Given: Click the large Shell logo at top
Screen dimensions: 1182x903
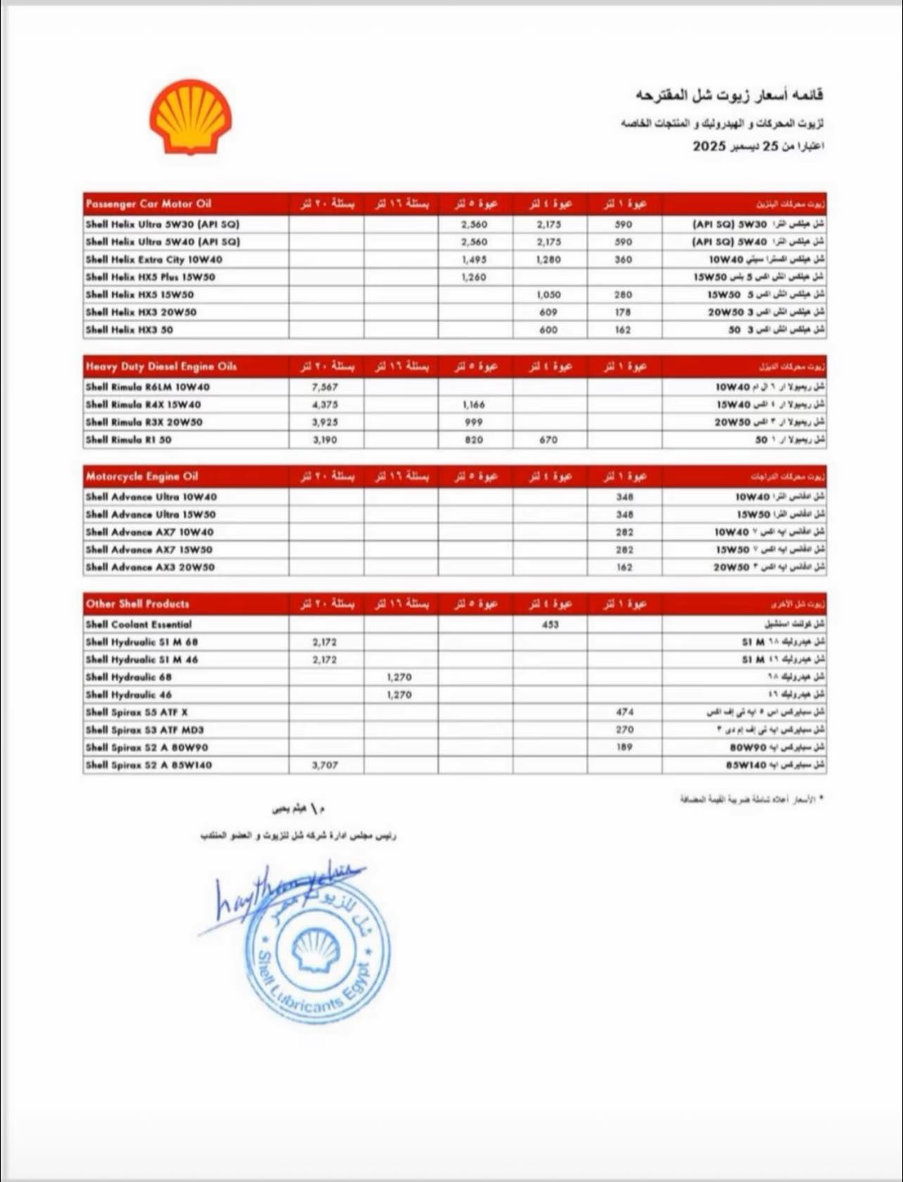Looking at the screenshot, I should tap(190, 117).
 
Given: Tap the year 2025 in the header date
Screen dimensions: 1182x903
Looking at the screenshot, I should tap(708, 146).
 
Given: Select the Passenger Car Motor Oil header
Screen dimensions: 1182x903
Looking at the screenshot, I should tap(148, 204).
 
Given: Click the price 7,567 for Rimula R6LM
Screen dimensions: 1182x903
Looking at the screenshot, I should tap(324, 387).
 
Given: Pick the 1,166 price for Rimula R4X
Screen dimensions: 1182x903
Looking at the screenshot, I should tap(474, 405).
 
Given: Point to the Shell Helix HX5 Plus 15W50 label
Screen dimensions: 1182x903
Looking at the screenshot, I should tap(150, 277).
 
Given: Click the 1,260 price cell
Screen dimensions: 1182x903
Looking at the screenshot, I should tap(474, 277).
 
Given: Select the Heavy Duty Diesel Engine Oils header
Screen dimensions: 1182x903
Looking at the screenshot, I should tap(161, 367).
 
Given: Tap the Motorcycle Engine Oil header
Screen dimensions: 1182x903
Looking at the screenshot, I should tap(142, 476).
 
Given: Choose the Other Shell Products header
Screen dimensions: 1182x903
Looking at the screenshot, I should tap(138, 604).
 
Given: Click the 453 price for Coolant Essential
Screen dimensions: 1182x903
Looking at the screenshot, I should tap(550, 624).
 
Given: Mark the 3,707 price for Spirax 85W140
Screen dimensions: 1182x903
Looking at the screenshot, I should tap(324, 765).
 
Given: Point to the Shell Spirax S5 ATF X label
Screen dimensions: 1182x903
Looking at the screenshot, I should tap(137, 712).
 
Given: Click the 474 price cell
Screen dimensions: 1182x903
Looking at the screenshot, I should tap(624, 712).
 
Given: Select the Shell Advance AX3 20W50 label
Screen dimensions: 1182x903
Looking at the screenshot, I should tap(150, 567).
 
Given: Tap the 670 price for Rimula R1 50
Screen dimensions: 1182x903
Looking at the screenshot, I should tap(549, 440).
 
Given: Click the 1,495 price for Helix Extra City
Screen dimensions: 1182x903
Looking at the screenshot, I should tap(474, 260).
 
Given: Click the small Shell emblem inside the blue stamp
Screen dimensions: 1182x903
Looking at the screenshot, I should tap(316, 950).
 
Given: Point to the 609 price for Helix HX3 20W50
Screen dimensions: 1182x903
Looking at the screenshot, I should tap(549, 312).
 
